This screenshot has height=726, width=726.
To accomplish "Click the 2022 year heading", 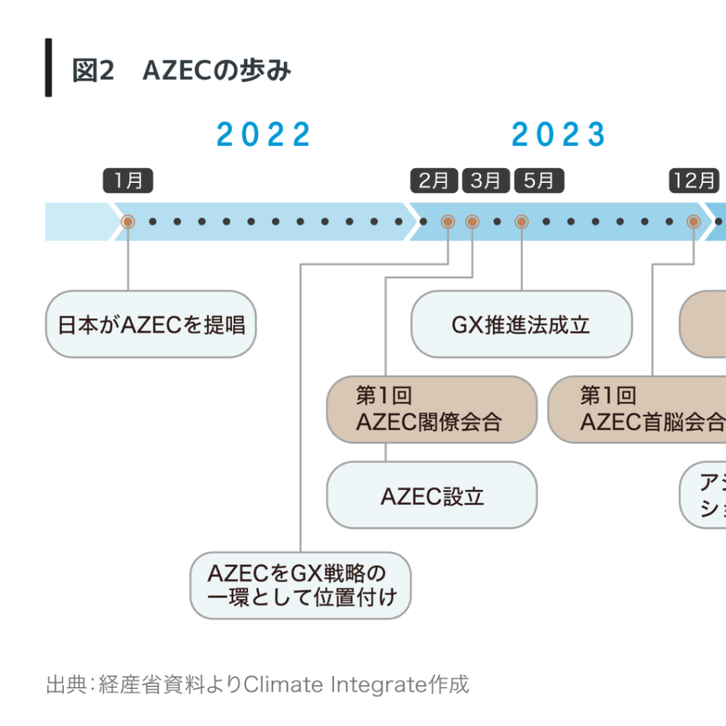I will (x=264, y=135).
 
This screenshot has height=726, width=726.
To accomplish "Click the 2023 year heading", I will (x=559, y=135).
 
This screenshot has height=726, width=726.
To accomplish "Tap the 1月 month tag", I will (x=128, y=181).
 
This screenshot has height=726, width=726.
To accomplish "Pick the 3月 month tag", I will (x=486, y=181).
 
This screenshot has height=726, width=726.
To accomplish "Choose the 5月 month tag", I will (x=539, y=181).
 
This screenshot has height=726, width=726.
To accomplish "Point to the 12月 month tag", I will (x=693, y=181).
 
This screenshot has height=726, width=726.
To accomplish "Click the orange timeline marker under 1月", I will (x=128, y=222).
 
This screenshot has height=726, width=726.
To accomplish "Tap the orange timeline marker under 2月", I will (x=448, y=222).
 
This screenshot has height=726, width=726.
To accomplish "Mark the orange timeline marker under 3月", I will (x=472, y=222).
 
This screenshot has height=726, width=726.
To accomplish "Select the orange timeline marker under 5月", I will (x=522, y=222).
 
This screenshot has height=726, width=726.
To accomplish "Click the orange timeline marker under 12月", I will (x=693, y=222).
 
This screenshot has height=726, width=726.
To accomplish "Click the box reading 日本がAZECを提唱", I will (x=150, y=325).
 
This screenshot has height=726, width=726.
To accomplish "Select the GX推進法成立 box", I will (x=521, y=325).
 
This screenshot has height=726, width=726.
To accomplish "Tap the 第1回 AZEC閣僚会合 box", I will (x=431, y=410).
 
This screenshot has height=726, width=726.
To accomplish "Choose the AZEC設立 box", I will (x=431, y=496).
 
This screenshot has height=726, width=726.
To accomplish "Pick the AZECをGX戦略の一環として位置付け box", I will (x=301, y=586).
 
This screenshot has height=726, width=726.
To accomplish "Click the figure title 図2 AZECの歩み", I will (x=181, y=71).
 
